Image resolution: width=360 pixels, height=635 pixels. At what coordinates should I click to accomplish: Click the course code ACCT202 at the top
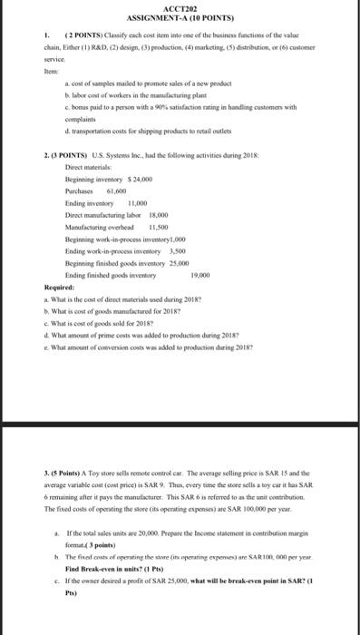point(181,8)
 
